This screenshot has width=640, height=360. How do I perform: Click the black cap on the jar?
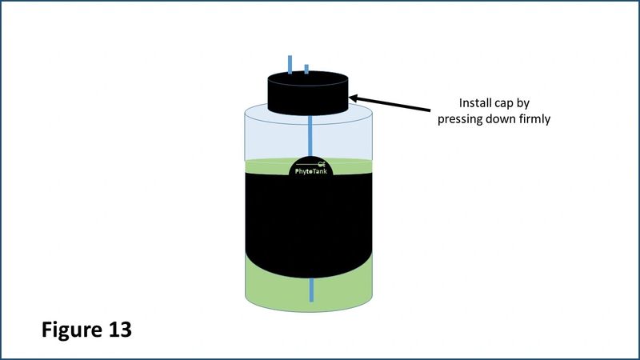coord(308,93)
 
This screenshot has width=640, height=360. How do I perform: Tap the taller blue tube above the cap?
coord(290,65)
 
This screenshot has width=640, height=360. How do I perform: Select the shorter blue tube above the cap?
coord(306,69)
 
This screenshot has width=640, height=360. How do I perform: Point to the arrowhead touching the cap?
coord(353,98)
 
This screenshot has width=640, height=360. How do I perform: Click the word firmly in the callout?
coord(534,119)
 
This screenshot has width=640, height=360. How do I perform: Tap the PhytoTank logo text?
coord(311,171)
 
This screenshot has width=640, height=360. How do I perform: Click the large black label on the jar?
coord(309,222)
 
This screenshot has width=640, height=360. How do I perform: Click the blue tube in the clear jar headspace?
coord(310,136)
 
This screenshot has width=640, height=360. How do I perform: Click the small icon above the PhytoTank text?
coord(322,165)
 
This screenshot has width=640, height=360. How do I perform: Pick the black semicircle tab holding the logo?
coord(311,166)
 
